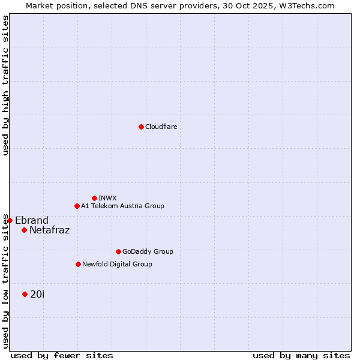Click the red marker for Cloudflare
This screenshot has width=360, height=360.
point(141,127)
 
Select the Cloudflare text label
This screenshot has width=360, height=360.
point(161,127)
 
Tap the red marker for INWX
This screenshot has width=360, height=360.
point(94,198)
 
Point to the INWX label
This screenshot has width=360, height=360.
point(107,199)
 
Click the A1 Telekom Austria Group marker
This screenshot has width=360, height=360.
point(77,206)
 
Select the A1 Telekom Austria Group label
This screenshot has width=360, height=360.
point(122,206)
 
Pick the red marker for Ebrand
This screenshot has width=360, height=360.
point(10,220)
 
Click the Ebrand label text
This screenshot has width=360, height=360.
point(32,220)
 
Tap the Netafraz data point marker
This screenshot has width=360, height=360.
point(24,230)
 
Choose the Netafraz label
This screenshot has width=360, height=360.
point(49,230)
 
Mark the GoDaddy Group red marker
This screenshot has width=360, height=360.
point(118,251)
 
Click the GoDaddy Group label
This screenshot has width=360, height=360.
point(148,252)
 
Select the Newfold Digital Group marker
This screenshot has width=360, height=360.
point(78,264)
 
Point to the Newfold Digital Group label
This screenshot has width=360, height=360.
point(117,265)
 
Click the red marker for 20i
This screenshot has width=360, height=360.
point(25,294)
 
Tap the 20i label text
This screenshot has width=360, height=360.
point(37,295)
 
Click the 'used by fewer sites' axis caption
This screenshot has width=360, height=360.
point(62,355)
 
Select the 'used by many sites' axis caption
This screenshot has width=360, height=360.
point(301,355)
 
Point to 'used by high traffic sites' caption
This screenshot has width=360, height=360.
point(5,85)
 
